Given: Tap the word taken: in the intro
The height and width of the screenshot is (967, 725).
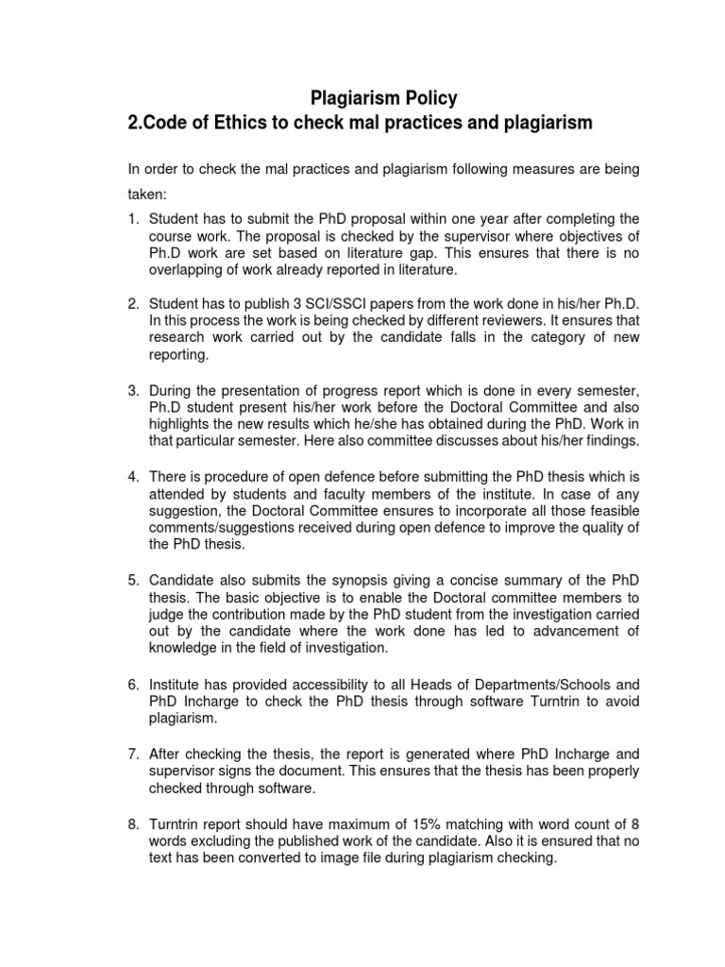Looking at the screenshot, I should tap(146, 195).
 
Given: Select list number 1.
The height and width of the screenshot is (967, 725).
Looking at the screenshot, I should tap(133, 219).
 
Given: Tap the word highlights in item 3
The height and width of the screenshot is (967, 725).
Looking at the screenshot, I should tap(179, 423).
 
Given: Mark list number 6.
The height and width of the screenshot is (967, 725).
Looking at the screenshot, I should tap(133, 682).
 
